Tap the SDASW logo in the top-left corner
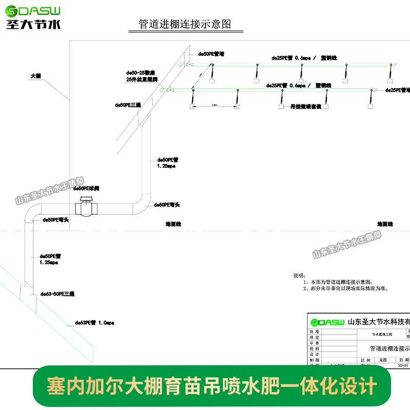click(x=33, y=17)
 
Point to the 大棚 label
click(x=35, y=76)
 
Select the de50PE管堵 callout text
click(x=212, y=53)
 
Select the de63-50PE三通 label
click(x=57, y=294)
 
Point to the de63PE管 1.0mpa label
click(x=94, y=323)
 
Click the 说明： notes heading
click(x=298, y=275)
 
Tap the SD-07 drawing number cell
click(x=404, y=365)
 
